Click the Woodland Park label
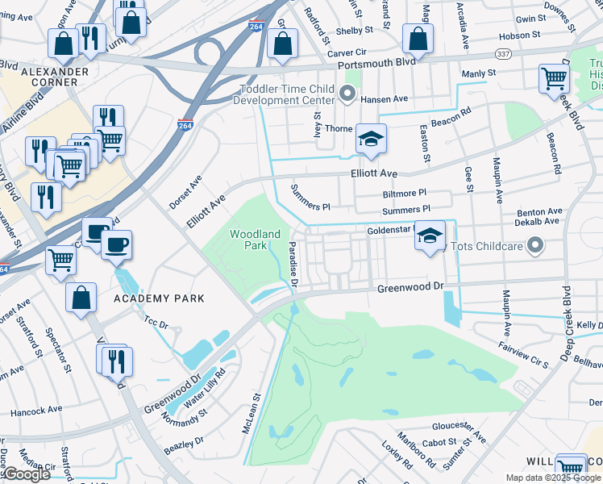coord(255,239)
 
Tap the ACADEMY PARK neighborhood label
coord(159,298)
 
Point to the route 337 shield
coord(501,54)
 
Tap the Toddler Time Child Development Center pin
coord(348,95)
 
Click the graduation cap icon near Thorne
coord(371,140)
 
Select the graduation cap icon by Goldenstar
coord(430,236)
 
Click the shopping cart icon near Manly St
coord(553,80)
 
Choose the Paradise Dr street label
coord(293,264)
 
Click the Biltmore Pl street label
coord(404,194)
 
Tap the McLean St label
coord(252,414)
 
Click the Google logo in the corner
coord(26,475)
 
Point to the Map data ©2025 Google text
coord(553,478)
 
